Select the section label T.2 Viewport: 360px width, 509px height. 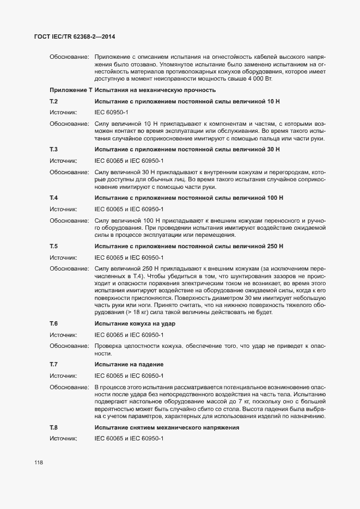point(54,102)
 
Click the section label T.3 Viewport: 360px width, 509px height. point(54,149)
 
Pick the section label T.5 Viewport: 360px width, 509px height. point(54,246)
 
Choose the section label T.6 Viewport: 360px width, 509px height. point(54,323)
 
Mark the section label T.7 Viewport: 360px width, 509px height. point(54,364)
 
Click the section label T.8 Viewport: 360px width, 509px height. point(54,427)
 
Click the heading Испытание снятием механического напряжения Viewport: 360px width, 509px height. point(167,427)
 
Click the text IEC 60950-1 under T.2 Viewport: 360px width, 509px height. point(112,112)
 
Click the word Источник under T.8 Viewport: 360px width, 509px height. point(64,438)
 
